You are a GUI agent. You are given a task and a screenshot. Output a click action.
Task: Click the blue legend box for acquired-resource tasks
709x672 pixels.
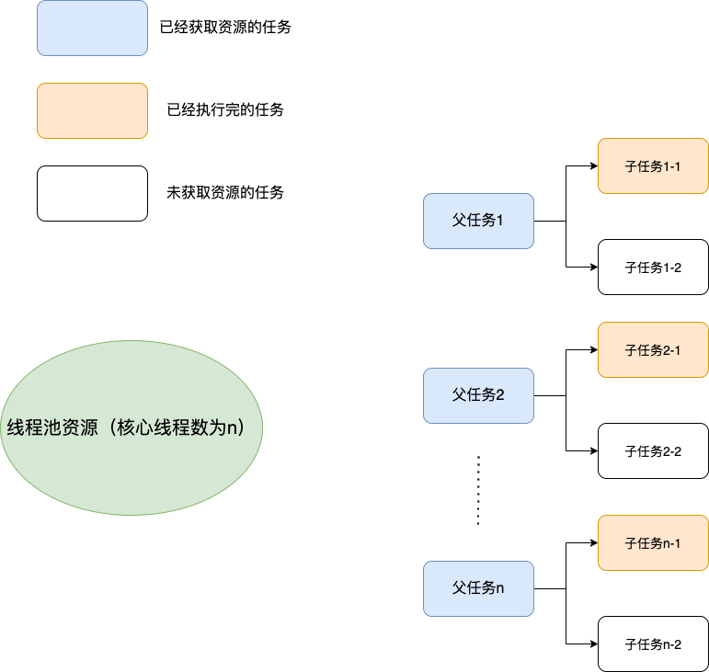tap(92, 28)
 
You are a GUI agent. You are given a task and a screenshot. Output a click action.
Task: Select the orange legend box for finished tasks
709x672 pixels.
tap(92, 110)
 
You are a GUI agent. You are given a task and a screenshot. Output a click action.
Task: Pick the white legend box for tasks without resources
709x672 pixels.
tap(92, 193)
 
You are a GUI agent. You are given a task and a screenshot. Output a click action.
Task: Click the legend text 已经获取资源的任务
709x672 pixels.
tap(225, 28)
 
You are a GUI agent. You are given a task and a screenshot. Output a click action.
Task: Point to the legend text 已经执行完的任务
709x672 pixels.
tap(225, 110)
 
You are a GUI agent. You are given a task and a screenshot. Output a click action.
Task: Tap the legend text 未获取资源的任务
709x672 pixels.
tap(225, 193)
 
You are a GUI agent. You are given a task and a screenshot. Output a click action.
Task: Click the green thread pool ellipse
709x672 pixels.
tap(132, 427)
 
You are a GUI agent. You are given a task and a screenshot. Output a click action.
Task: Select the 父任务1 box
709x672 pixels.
tap(478, 221)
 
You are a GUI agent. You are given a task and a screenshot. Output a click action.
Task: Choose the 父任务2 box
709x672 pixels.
tap(478, 395)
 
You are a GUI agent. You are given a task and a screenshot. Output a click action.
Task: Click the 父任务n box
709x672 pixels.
tap(478, 588)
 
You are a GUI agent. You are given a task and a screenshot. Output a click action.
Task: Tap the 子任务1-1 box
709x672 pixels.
tap(653, 165)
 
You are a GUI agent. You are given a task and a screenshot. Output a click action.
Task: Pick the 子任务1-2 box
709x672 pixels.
tap(653, 267)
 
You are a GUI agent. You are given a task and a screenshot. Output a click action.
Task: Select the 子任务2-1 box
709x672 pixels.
tap(653, 349)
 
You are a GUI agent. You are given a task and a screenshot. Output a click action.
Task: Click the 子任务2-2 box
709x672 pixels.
tap(653, 450)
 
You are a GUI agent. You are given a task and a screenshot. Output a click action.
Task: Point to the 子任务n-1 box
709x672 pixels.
tap(653, 542)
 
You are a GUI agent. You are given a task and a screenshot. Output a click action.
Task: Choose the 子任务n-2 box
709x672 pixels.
tap(653, 644)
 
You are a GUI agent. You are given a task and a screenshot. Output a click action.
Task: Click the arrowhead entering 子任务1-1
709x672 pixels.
tap(593, 166)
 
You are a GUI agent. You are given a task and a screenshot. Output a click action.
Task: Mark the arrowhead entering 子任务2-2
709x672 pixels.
tap(593, 451)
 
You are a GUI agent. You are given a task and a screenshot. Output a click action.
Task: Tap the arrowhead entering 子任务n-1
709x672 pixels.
tap(593, 543)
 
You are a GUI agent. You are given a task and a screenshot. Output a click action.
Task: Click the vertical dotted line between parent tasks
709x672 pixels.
tap(478, 489)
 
